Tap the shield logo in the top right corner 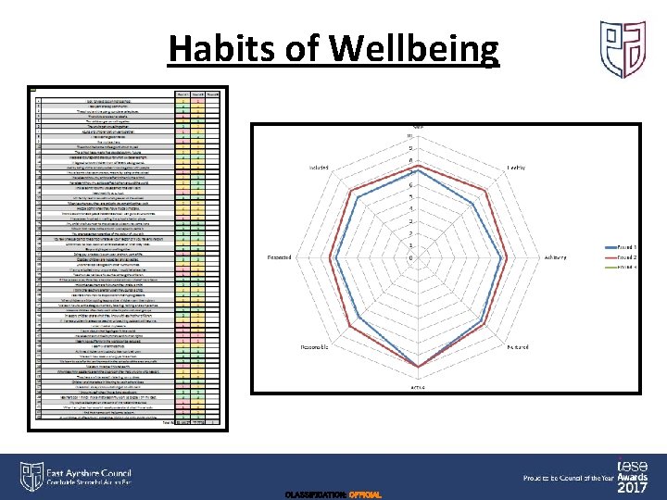click(x=622, y=50)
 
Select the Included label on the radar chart click(x=321, y=168)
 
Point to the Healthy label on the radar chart click(x=516, y=167)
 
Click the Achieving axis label click(x=556, y=257)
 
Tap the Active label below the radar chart click(x=419, y=386)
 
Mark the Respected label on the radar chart click(x=281, y=257)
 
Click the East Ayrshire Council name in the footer click(x=89, y=472)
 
